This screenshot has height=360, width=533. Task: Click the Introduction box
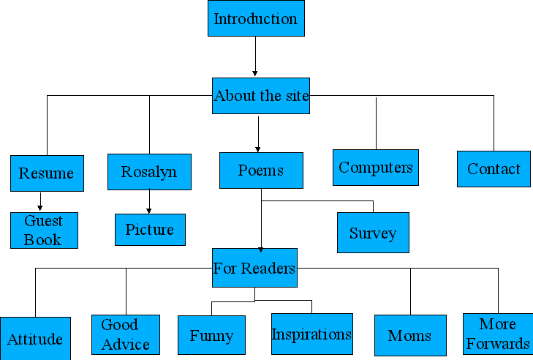(x=256, y=18)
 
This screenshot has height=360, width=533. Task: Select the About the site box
(x=261, y=96)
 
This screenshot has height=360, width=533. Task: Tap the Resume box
(x=47, y=173)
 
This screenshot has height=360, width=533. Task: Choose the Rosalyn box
(x=149, y=172)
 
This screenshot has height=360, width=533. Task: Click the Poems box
(x=261, y=170)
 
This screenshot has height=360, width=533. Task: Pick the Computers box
(x=376, y=168)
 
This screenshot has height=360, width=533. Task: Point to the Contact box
(x=494, y=169)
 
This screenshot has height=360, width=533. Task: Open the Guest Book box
(x=44, y=230)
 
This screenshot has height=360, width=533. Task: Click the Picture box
(x=150, y=230)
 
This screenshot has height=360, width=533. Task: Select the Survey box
(x=373, y=233)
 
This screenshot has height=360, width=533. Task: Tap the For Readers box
(x=254, y=269)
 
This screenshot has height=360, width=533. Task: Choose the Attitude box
(x=35, y=339)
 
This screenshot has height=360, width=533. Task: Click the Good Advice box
(x=126, y=335)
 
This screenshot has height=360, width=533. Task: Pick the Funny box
(x=212, y=336)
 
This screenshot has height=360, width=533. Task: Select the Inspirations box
(x=312, y=334)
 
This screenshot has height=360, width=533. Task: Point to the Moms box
(x=410, y=336)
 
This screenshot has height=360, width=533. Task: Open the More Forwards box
(x=498, y=334)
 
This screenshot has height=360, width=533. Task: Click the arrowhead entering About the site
(x=255, y=73)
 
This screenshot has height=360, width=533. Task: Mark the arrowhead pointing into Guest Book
(x=40, y=209)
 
